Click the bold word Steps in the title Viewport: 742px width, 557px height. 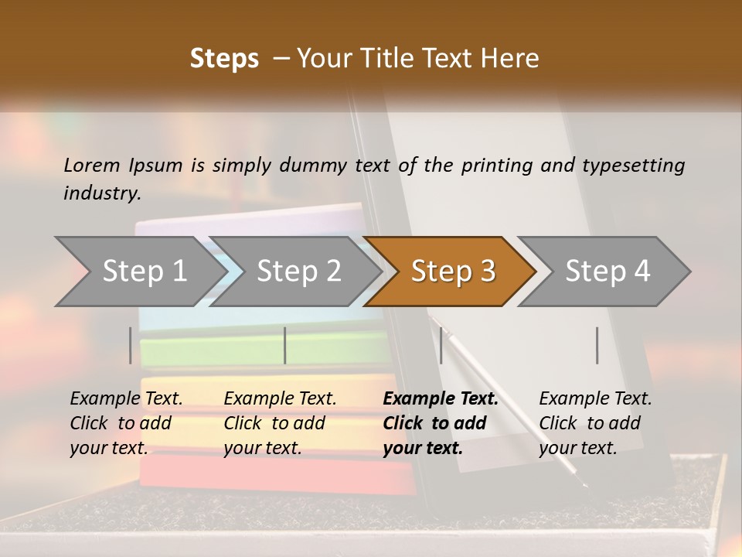pos(224,59)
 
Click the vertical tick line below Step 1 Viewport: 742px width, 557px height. pos(130,345)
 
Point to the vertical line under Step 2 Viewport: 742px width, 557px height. pos(285,345)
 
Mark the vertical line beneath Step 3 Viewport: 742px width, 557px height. pos(441,345)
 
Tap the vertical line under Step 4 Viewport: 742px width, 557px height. pos(597,345)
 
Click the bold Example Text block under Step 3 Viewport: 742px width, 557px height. pos(441,423)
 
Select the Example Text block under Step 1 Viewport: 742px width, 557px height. pos(126,423)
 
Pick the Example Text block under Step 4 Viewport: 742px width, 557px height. pos(595,423)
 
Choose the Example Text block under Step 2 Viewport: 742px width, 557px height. pos(280,423)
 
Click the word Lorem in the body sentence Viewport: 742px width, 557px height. pos(92,165)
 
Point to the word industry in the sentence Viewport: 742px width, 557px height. pos(101,193)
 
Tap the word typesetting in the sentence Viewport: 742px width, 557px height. pos(633,165)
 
